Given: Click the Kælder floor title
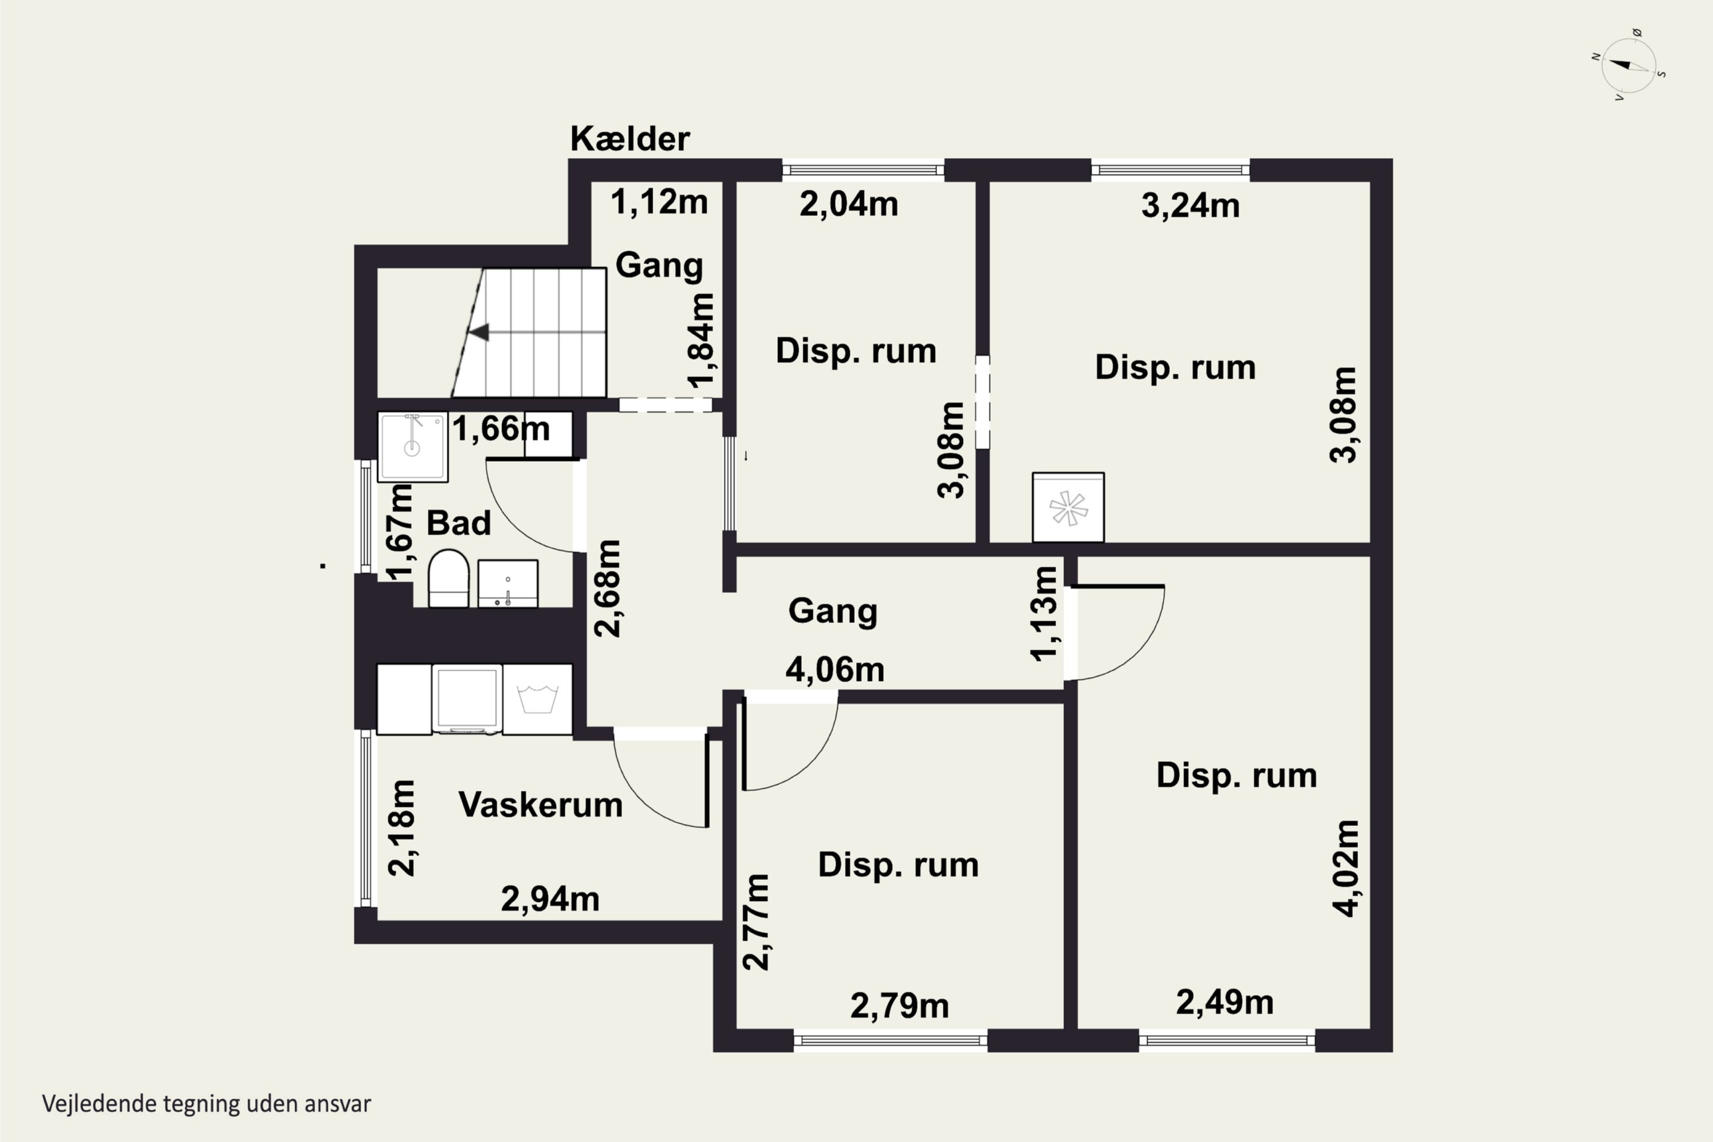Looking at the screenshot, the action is coord(629,138).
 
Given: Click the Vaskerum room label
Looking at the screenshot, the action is coord(540,805).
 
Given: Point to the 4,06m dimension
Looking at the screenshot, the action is coord(835,670).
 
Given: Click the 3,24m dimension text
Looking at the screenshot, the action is coord(1190,206).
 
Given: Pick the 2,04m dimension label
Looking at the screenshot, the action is coord(849,204).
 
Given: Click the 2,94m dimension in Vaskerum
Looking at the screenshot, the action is coord(550,899).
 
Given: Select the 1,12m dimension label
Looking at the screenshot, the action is coord(659,202).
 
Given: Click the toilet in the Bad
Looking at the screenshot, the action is coord(448,578).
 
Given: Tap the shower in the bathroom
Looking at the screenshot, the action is coord(412,447).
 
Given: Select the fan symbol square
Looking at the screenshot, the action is coord(1068,507).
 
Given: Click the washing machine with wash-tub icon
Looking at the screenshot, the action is coord(537,698).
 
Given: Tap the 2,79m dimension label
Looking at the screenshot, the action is coord(899,1006).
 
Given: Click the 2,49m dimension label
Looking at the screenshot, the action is coord(1225,1003).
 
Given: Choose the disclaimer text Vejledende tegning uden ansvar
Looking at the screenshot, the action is coord(207,1103).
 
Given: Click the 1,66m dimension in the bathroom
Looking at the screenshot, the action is coord(501,428).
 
